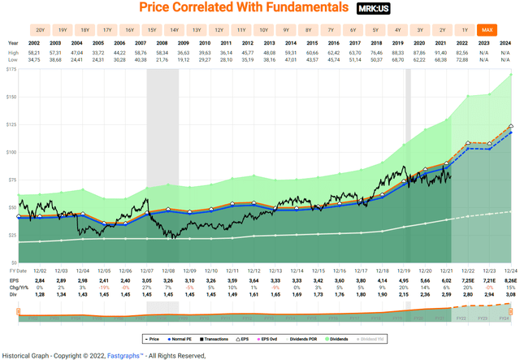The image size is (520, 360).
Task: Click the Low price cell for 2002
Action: point(36,59)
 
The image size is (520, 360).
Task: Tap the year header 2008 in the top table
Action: point(163,43)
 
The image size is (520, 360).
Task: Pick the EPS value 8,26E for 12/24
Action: point(507,279)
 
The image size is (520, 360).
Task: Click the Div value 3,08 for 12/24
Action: point(507,293)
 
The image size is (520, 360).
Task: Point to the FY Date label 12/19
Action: point(401,271)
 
